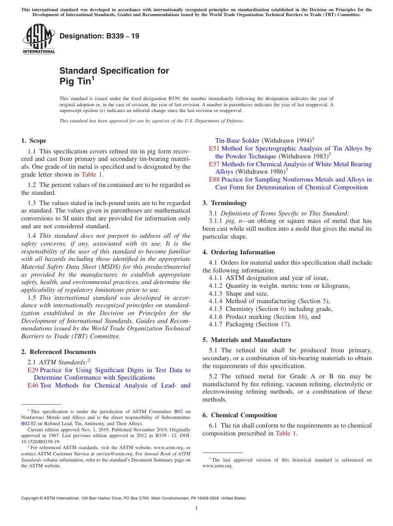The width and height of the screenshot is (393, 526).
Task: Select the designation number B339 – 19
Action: tap(99, 36)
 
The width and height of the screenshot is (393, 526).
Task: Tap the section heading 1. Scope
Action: tap(34, 141)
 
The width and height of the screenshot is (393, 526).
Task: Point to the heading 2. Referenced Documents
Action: tap(58, 352)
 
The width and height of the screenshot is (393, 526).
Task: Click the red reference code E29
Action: tap(33, 370)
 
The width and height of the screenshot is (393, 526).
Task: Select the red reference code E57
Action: tap(214, 164)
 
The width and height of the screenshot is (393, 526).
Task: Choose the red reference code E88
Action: tap(214, 179)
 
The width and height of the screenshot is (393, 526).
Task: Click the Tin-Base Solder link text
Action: tap(237, 141)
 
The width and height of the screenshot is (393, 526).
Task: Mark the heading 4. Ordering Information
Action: tap(239, 252)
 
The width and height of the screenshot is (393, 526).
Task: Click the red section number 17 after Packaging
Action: tap(284, 324)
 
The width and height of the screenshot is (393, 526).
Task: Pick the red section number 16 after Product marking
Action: tap(302, 317)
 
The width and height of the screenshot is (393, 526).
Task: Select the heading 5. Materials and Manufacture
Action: tap(247, 340)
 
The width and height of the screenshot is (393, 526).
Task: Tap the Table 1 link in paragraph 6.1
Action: tap(286, 433)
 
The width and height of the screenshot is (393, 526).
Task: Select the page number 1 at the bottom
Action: tap(196, 508)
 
